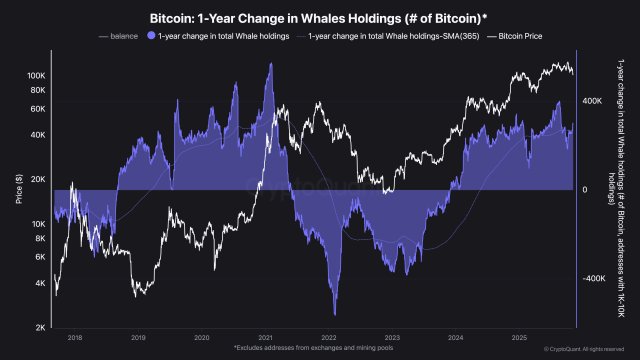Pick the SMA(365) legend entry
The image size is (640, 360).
click(376, 36)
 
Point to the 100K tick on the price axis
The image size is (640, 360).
click(36, 76)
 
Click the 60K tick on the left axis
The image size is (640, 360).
click(38, 108)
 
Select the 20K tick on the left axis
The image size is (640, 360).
click(38, 179)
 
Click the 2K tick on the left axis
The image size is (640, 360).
click(40, 327)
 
